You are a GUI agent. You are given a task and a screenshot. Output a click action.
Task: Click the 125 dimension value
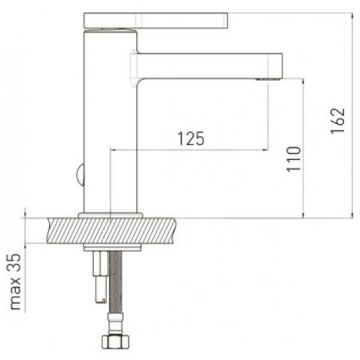pos(191,139)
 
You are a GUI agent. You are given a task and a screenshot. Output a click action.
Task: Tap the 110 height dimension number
pos(293,159)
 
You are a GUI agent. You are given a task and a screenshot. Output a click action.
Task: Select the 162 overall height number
pos(338,121)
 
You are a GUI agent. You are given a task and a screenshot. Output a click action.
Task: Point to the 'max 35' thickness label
pos(16,282)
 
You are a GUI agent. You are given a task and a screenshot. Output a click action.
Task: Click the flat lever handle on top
pos(155,20)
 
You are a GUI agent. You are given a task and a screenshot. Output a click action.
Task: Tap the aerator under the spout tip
pos(268,79)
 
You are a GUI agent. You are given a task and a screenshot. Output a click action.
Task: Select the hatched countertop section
pos(112,230)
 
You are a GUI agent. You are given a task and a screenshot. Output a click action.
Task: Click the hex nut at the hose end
pos(115,341)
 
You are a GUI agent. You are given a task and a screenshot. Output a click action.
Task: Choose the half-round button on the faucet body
pos(80,175)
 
